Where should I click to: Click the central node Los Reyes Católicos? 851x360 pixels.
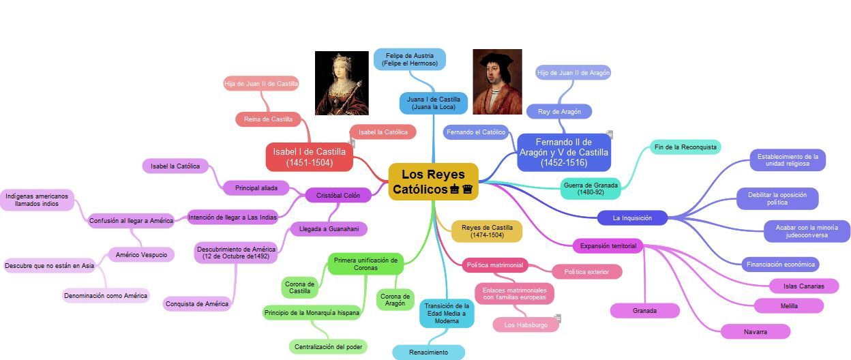coord(433,181)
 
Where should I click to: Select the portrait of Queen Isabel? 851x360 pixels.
coord(342,83)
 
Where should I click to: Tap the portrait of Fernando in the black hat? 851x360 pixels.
coord(497,81)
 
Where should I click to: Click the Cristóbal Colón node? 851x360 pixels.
coord(338,196)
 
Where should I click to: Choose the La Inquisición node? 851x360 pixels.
coord(631,218)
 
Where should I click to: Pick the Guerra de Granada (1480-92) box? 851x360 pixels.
coord(591,188)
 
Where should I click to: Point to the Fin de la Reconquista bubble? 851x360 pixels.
coord(685,147)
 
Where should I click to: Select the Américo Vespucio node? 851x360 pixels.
coord(141,254)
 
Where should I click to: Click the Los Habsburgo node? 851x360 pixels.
coord(526,325)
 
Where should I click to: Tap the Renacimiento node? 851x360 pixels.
coord(428,352)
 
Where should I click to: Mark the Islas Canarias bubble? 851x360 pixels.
coord(804,286)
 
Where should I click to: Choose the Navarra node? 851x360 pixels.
coord(756,332)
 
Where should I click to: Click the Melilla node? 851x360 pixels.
coord(789,306)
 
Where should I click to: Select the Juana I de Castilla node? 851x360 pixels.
coord(434,103)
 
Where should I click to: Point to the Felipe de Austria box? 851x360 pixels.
coord(410,59)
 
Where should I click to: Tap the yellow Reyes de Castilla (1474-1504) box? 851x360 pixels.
coord(487,231)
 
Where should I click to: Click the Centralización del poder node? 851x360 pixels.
coord(328,347)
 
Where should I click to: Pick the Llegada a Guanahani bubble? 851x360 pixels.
coord(329,229)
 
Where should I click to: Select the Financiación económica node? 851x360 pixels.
coord(780,265)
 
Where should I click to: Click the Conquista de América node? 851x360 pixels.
coord(197,304)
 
